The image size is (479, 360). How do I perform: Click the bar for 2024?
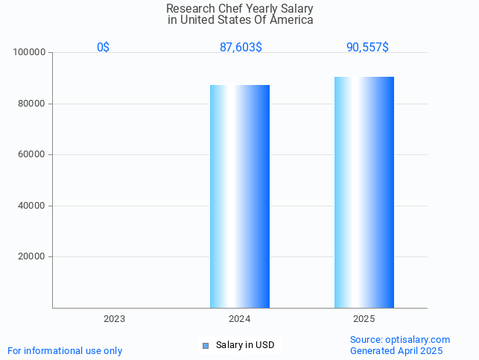click(x=239, y=196)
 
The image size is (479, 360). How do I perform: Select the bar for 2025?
click(x=364, y=192)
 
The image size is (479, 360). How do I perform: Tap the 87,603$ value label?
click(x=240, y=47)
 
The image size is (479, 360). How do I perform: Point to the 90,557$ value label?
click(x=367, y=47)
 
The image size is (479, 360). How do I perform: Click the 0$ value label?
click(x=103, y=47)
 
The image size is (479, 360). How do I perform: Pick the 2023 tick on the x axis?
click(x=114, y=319)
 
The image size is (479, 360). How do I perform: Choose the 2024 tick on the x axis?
click(x=239, y=319)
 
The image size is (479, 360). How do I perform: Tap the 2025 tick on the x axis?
click(x=364, y=319)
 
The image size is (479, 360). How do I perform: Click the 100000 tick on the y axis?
click(x=30, y=53)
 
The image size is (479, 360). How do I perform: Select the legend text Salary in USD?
click(x=245, y=345)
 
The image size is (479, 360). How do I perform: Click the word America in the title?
click(x=291, y=20)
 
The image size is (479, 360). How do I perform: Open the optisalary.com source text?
click(x=400, y=339)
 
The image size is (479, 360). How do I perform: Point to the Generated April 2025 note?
click(x=396, y=350)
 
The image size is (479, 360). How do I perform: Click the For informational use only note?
click(x=65, y=350)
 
